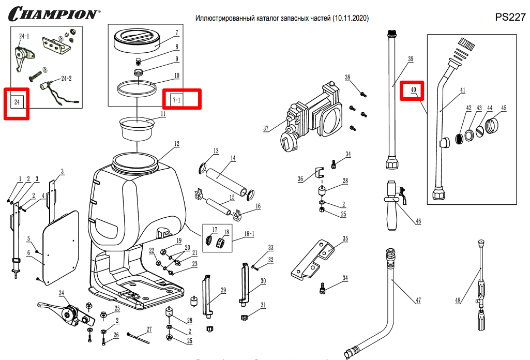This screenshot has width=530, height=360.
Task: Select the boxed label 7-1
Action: coord(177,98)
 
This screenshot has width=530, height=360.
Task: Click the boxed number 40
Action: coord(414,89)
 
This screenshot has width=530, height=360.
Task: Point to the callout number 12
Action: coord(176,143)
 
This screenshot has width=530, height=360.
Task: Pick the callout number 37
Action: coord(266,128)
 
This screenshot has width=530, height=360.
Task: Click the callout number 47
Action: coord(418,301)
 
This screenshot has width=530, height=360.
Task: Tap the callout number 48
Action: coord(458,300)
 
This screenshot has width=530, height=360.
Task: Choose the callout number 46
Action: coord(418,221)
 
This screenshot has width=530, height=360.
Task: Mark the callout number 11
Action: coord(163,113)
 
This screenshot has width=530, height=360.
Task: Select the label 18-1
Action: coord(249,234)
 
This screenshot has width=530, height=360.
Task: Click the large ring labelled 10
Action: coord(137,87)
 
